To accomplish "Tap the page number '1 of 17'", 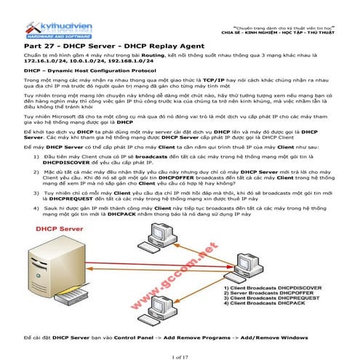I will point(180,355).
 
